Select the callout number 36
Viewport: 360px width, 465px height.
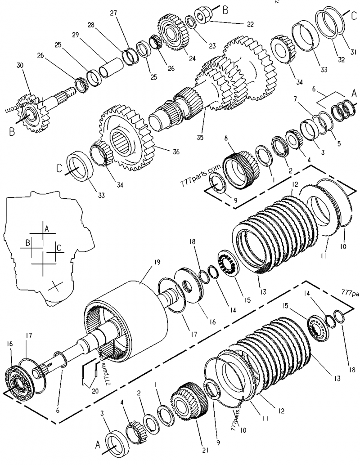[x=176, y=152]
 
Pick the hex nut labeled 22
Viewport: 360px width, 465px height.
[x=204, y=14]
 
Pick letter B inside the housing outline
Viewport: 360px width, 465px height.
[x=28, y=243]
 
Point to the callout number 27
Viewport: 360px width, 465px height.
[x=113, y=13]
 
